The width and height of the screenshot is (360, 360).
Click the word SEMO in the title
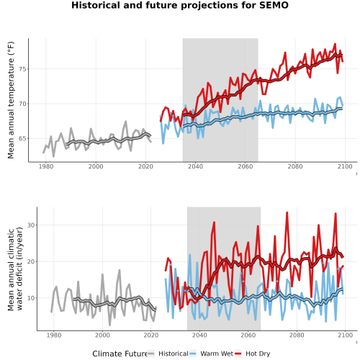(274, 5)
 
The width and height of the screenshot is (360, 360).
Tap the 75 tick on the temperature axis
(22, 69)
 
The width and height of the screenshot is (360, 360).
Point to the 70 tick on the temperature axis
(22, 104)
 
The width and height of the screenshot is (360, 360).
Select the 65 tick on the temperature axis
(22, 139)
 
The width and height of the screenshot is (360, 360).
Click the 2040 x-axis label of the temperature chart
(195, 166)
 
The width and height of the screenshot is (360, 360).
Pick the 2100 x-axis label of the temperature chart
(345, 166)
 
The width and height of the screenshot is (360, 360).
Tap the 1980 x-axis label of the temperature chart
(46, 166)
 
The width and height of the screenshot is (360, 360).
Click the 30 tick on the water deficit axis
(31, 225)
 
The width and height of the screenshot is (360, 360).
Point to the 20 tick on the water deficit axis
(31, 261)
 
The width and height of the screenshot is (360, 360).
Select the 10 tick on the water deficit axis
(31, 298)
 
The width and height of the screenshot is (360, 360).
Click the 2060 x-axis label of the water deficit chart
(248, 335)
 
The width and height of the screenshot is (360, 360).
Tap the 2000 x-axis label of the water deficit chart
(102, 335)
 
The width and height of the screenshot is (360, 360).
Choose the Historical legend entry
(168, 354)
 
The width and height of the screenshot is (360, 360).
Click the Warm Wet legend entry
(211, 354)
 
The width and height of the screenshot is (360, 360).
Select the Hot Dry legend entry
(252, 354)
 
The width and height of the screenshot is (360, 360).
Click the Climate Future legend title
(120, 354)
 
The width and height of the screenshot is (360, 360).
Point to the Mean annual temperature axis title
(11, 100)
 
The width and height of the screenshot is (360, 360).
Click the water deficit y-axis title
(15, 269)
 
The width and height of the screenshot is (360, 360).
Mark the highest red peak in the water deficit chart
(287, 212)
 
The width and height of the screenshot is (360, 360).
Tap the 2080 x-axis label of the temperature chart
(295, 166)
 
